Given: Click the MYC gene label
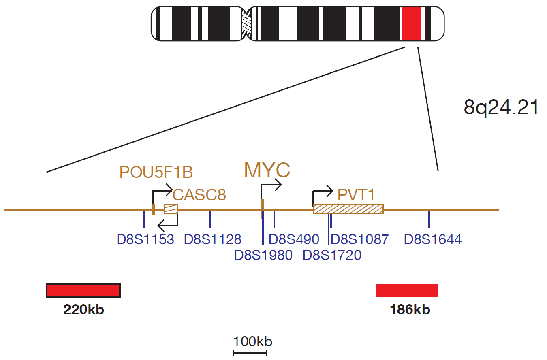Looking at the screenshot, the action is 267,170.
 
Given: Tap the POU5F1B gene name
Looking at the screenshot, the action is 156,172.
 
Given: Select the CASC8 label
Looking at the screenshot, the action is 199,195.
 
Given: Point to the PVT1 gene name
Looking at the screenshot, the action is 356,195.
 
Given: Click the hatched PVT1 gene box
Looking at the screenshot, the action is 348,209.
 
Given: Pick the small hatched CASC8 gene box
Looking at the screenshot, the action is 171,209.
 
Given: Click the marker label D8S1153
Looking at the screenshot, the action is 145,239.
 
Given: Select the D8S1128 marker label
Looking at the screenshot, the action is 212,239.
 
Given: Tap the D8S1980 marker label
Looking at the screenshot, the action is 263,255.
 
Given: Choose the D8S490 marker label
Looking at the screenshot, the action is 294,239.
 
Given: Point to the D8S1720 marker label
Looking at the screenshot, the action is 332,255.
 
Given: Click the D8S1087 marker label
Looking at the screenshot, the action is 359,239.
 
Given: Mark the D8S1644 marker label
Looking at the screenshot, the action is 433,239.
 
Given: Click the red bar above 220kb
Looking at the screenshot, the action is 83,290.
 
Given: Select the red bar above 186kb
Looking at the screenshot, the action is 407,290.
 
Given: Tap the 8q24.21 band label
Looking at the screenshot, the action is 500,107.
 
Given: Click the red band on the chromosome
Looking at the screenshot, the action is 412,23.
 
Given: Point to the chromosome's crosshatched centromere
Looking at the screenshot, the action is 246,23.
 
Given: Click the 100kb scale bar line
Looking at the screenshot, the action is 250,353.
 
